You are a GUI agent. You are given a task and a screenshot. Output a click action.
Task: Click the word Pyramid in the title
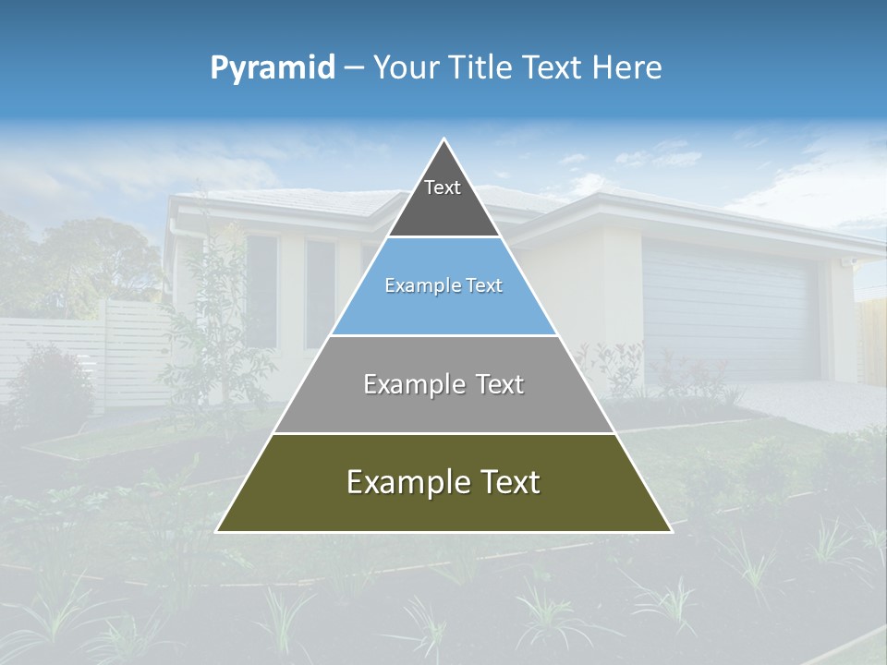[273, 68]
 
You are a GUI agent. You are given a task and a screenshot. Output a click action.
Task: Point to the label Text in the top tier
[443, 188]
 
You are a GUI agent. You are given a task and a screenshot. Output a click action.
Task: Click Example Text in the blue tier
[443, 286]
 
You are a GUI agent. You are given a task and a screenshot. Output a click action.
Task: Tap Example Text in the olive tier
[443, 482]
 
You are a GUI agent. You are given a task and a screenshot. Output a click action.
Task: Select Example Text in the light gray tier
[443, 384]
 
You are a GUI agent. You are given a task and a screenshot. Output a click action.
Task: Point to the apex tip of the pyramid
[444, 139]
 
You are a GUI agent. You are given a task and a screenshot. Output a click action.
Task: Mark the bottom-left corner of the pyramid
[218, 531]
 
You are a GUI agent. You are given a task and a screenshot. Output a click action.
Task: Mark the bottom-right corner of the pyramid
[670, 531]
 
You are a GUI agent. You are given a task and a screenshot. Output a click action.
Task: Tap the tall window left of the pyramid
[261, 291]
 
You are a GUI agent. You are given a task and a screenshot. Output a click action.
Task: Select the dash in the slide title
[354, 68]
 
